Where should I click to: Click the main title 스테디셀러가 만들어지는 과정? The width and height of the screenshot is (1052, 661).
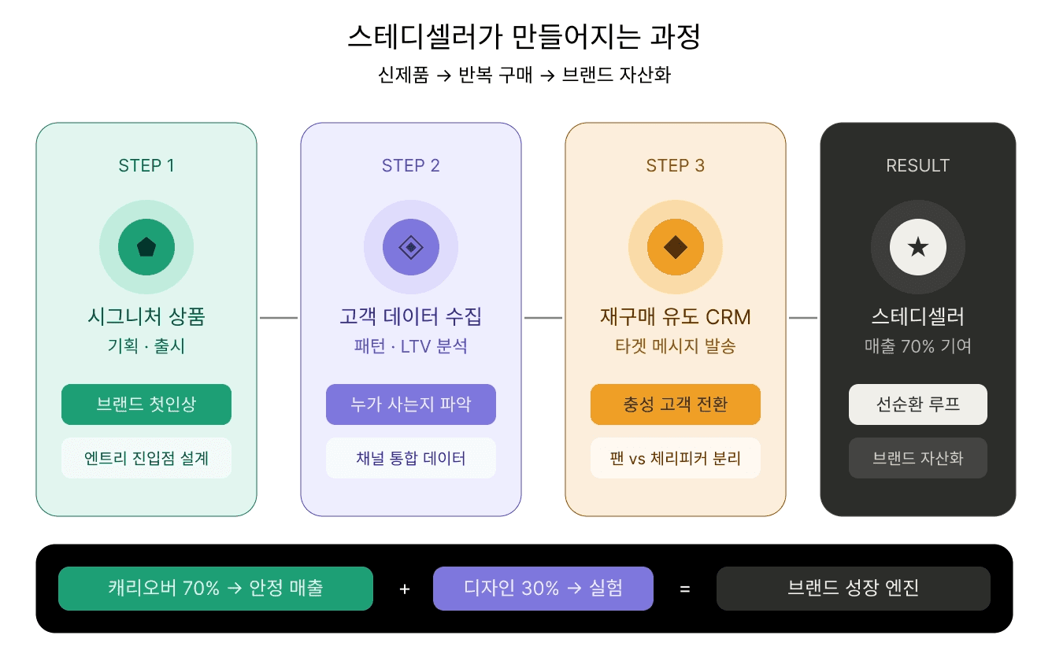tap(524, 37)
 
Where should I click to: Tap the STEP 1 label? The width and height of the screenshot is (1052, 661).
tap(146, 165)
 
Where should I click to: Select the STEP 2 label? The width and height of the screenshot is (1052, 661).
tap(411, 165)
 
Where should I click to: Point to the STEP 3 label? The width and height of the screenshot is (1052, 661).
tap(676, 165)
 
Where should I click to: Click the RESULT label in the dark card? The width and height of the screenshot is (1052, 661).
tap(918, 165)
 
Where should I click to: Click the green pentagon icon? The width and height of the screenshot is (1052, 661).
tap(146, 247)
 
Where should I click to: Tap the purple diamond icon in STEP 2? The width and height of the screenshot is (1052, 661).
tap(411, 247)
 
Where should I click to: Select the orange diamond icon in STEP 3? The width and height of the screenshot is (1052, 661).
tap(676, 247)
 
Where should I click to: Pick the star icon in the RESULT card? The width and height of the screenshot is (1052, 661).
tap(918, 247)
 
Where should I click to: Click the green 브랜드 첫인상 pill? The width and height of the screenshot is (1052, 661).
tap(146, 404)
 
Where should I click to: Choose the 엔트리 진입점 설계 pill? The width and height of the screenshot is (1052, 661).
tap(146, 458)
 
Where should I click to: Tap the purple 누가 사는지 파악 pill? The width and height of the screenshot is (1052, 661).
tap(411, 404)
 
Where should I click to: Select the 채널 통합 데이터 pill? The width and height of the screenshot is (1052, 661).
tap(411, 458)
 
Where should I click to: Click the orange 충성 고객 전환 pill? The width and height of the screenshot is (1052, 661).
tap(676, 404)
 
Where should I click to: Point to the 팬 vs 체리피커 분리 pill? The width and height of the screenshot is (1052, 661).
tap(676, 458)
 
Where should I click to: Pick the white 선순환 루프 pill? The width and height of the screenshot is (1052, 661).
tap(918, 404)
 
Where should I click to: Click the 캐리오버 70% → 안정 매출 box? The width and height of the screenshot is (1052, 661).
tap(216, 589)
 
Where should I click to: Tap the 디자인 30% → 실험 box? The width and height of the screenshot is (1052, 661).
tap(543, 589)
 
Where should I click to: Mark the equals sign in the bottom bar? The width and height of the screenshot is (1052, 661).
tap(685, 589)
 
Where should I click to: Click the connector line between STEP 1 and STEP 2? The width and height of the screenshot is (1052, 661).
tap(279, 318)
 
